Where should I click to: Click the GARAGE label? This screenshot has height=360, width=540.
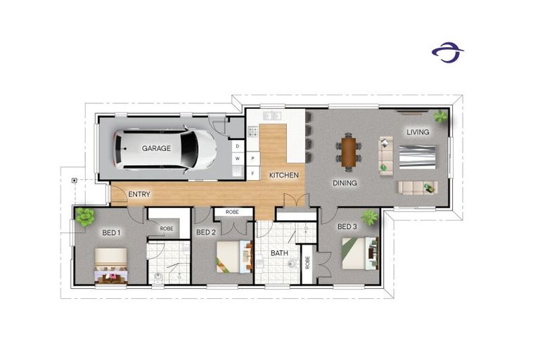tap(156, 148)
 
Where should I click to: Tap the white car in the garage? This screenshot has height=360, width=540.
tap(165, 150)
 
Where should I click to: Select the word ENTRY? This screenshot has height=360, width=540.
tap(139, 194)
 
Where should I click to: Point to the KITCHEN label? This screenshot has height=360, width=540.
tap(284, 175)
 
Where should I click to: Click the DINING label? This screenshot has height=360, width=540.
tap(345, 183)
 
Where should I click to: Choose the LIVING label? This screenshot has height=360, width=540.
tap(418, 132)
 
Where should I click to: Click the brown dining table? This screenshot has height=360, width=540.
tap(349, 152)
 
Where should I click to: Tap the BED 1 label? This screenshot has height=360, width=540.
tap(111, 233)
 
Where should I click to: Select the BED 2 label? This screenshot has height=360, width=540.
tap(206, 233)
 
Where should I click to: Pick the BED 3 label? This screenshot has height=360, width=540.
tap(347, 226)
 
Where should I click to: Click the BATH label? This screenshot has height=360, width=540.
tap(279, 253)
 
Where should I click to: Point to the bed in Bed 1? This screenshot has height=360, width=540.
tap(111, 266)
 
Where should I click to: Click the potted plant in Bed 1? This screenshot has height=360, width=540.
tap(84, 217)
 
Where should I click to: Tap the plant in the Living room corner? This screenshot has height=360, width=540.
tap(440, 117)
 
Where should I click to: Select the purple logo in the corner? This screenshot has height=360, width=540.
tap(448, 52)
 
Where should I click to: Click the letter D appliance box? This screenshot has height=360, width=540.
tap(238, 146)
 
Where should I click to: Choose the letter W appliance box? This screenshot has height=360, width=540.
tap(238, 158)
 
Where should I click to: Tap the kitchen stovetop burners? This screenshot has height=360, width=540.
tap(253, 131)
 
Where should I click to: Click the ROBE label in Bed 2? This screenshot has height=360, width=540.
tap(232, 212)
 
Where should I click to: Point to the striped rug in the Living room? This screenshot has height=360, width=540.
tap(417, 157)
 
